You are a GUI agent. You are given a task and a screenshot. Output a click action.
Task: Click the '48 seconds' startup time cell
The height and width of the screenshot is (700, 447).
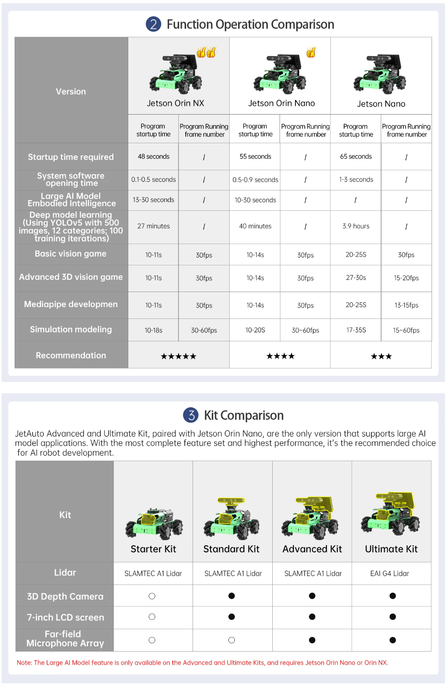coord(154,157)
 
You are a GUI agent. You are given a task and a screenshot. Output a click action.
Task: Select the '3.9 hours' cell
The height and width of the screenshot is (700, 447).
coord(356,226)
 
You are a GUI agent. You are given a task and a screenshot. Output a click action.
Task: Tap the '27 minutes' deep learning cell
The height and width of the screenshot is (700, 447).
coord(154,226)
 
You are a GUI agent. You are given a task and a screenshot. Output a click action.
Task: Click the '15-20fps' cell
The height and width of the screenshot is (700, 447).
coord(406,278)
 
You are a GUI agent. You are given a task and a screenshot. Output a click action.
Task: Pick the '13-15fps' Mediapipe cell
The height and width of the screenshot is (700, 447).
coord(406,305)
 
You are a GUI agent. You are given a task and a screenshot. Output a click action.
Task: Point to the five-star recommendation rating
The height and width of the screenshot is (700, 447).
coord(178,356)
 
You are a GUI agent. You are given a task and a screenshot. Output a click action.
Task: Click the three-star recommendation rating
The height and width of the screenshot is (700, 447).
coord(381,356)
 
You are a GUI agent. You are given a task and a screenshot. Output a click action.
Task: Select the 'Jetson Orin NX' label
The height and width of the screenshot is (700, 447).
coord(176,103)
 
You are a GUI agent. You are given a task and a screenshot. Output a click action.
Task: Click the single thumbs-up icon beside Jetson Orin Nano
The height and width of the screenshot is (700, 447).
coord(311,52)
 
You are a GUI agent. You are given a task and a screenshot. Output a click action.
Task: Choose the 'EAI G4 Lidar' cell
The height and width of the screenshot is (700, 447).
coord(389,574)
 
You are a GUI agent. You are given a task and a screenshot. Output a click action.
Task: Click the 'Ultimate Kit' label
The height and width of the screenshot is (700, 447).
coord(391,549)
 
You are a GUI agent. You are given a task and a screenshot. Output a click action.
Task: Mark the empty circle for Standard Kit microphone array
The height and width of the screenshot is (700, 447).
coord(232,640)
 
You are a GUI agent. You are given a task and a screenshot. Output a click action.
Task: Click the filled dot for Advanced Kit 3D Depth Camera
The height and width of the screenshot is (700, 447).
coord(312,596)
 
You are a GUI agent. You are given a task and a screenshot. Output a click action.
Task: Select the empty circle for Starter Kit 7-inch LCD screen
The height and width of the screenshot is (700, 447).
coord(152,617)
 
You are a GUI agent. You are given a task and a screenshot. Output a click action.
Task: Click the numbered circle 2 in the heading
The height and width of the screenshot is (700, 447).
coord(154,24)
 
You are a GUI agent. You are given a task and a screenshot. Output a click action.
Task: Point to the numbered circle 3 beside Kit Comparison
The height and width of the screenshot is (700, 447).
coord(191,415)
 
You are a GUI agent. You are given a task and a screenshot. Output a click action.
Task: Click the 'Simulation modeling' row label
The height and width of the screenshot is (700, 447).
coord(71,329)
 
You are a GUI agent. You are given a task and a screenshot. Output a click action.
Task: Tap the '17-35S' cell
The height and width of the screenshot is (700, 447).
coord(356,330)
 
